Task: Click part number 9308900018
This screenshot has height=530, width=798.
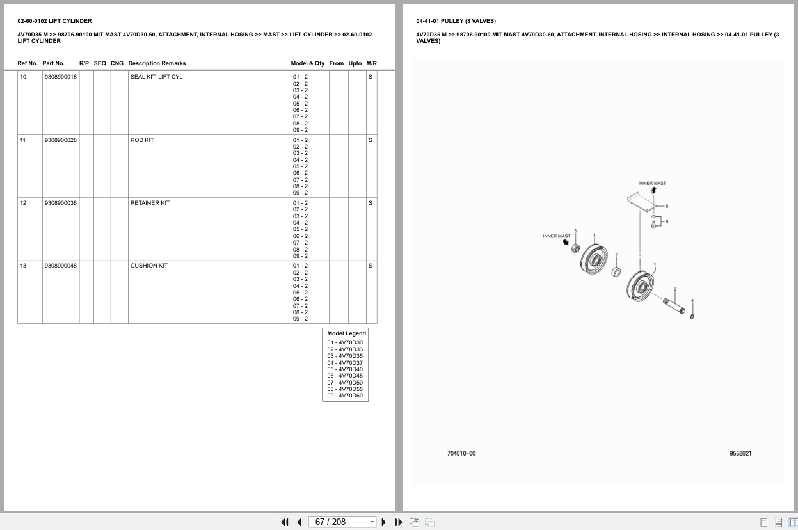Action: tap(61, 77)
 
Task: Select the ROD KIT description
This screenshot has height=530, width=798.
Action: tap(142, 140)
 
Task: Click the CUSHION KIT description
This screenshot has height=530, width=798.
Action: tap(149, 266)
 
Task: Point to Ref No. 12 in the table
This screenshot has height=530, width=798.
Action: tap(23, 203)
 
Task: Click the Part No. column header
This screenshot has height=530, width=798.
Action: tap(54, 63)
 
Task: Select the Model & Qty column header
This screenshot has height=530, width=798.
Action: tap(307, 63)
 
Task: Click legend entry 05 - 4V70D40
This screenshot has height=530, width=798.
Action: tap(345, 369)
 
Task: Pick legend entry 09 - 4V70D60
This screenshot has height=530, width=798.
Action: tap(345, 396)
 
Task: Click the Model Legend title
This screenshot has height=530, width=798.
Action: tap(346, 333)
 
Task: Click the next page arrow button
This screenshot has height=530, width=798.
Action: tap(384, 522)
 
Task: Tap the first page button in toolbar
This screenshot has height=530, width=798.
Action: tap(285, 522)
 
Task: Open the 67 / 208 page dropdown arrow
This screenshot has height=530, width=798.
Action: tap(372, 522)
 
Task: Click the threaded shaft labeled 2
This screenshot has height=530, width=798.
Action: tap(674, 306)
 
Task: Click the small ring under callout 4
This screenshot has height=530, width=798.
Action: tap(692, 316)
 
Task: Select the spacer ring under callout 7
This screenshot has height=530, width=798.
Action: tap(616, 272)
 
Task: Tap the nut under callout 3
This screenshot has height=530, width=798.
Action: tap(575, 248)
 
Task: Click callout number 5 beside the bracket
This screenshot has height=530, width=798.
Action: tap(667, 206)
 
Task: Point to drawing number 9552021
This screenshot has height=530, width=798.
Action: tap(740, 453)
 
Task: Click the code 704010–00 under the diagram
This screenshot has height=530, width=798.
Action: tap(461, 453)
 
